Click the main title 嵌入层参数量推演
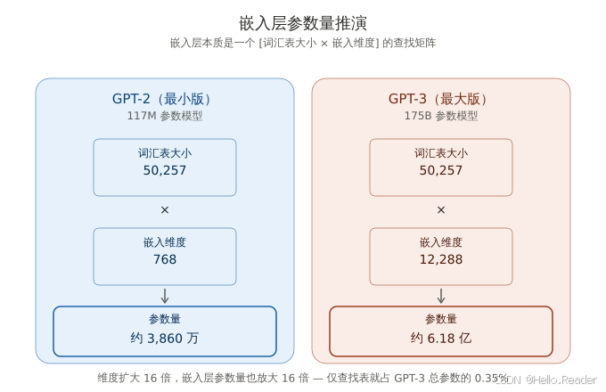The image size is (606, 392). (303, 22)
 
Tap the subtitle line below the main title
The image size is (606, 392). (303, 43)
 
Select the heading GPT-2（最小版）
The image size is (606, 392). (165, 99)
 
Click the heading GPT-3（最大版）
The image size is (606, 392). (441, 99)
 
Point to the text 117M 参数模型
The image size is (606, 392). (165, 116)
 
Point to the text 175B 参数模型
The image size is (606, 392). (441, 116)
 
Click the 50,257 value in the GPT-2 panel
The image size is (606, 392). (165, 170)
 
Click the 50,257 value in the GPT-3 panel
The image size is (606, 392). (441, 170)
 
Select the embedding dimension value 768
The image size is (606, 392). (165, 259)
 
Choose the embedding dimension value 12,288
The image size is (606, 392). (441, 259)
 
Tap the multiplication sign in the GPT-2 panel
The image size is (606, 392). (165, 210)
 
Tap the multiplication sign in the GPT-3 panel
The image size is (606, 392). (441, 210)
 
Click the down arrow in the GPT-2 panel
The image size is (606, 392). (165, 296)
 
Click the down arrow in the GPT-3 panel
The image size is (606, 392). (441, 296)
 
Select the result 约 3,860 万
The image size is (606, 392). (165, 339)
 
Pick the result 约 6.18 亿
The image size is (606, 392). (441, 339)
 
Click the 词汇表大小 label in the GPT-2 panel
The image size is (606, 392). (165, 153)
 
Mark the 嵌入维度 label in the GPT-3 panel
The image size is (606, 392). (441, 242)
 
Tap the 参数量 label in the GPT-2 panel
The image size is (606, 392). (165, 319)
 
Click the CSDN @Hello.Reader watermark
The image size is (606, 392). (545, 379)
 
